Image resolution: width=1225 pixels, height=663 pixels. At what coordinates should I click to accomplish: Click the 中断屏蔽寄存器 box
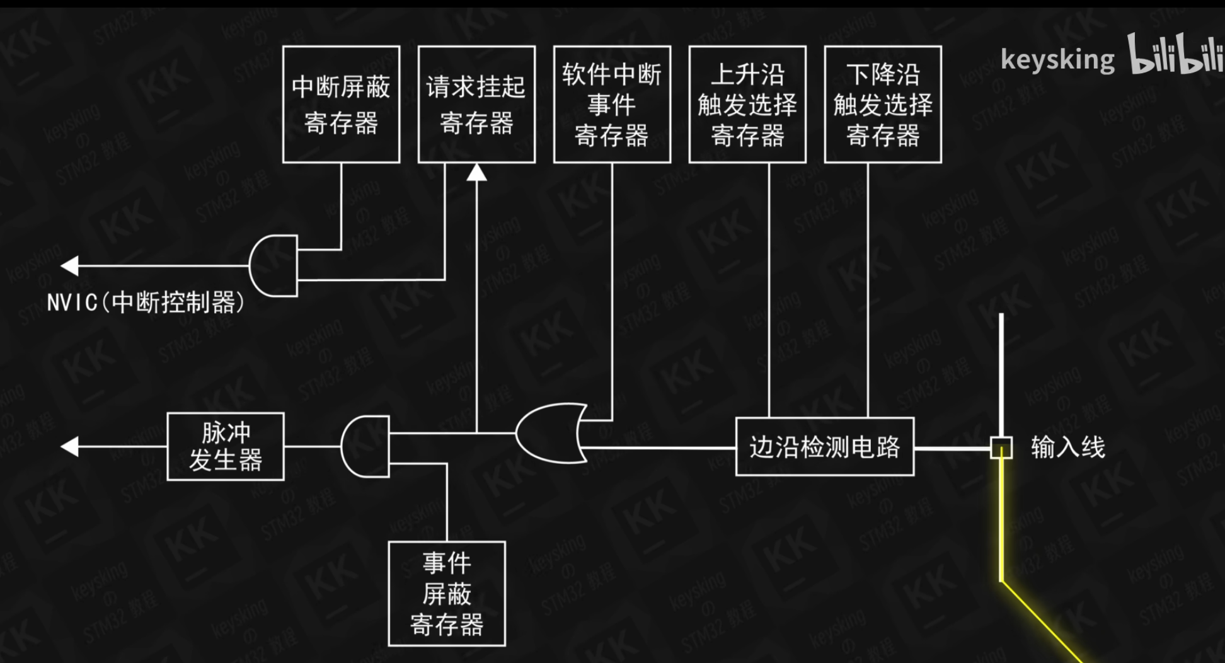[341, 104]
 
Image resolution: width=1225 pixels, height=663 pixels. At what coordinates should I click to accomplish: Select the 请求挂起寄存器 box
[476, 104]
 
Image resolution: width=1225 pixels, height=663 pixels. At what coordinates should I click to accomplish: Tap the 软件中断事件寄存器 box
[612, 104]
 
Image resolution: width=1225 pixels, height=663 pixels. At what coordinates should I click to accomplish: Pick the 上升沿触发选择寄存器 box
[747, 104]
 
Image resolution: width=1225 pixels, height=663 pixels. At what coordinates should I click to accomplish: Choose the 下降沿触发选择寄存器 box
[883, 104]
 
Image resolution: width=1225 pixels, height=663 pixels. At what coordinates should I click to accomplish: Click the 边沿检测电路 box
[824, 447]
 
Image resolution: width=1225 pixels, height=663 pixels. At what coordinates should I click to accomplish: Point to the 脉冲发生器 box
[226, 447]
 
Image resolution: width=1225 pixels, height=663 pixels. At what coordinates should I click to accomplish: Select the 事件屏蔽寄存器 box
[447, 594]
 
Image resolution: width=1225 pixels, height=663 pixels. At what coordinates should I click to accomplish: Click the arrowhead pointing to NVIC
[70, 266]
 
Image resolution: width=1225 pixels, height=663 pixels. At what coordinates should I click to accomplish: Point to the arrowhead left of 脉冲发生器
[70, 447]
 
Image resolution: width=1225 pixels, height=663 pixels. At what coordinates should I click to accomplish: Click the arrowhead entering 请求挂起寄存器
[476, 172]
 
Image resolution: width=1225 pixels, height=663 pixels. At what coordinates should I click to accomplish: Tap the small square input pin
[1001, 447]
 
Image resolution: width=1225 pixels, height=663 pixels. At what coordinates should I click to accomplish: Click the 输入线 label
[1067, 447]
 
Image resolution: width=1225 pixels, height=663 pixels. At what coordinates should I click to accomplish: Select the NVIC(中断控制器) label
[146, 303]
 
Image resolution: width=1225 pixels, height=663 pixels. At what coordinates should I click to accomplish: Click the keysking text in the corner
[1057, 60]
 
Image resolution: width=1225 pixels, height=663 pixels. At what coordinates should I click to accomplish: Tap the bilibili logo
[1175, 55]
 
